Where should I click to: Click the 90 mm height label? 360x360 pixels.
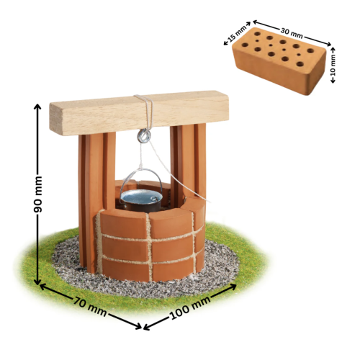coord(37,194)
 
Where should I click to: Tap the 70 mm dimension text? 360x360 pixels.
coord(90,307)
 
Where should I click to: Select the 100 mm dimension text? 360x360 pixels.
coord(190,307)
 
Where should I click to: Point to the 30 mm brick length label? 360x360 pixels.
coord(292,34)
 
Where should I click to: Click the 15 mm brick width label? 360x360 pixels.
coord(236,34)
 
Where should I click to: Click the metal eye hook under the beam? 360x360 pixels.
coord(144,135)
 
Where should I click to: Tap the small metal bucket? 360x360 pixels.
coord(141,200)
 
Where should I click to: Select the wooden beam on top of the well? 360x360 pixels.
coord(139,113)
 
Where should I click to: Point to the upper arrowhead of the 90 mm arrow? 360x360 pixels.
coord(37,107)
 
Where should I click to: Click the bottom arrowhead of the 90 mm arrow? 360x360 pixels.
coord(37,282)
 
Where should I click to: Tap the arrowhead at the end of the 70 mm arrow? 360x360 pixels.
coord(138,325)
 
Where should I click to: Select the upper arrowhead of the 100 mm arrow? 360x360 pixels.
coord(233,287)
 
